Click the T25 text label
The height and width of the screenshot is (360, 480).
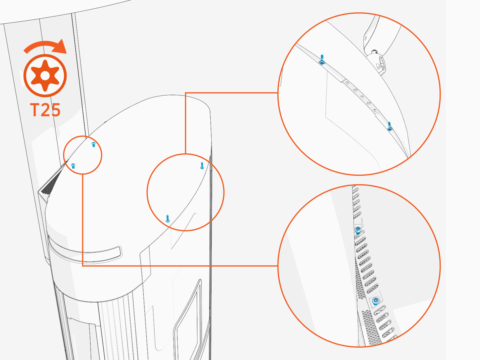45,110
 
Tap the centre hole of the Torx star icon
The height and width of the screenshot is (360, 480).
45,76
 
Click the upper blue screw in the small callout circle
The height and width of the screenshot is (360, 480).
93,145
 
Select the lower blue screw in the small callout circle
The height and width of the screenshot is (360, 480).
73,166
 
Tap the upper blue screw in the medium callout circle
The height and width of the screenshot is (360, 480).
202,166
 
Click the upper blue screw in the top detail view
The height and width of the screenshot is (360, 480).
322,60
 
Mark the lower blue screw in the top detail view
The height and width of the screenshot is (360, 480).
389,127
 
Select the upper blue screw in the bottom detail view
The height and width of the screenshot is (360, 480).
358,230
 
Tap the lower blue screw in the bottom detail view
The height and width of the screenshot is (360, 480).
375,301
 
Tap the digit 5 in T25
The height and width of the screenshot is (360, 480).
55,110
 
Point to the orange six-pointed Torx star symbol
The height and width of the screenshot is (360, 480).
45,76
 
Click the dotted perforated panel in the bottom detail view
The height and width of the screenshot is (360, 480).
370,327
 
